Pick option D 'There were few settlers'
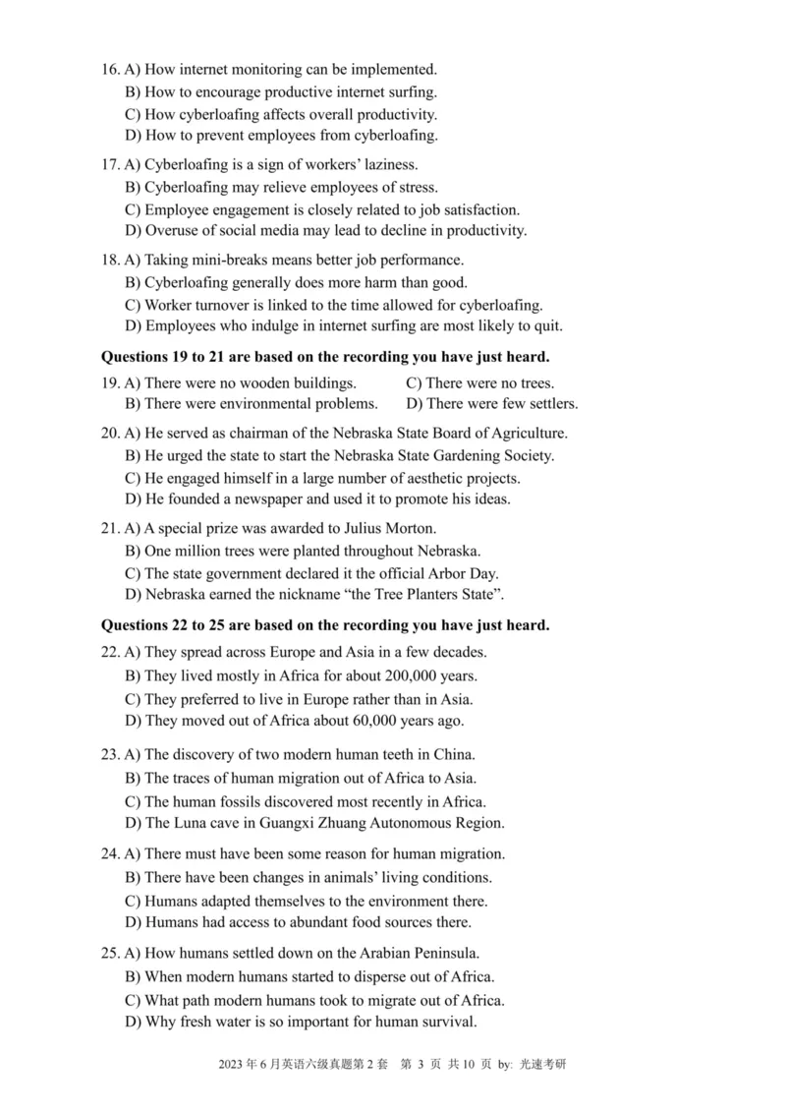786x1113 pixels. [491, 404]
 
